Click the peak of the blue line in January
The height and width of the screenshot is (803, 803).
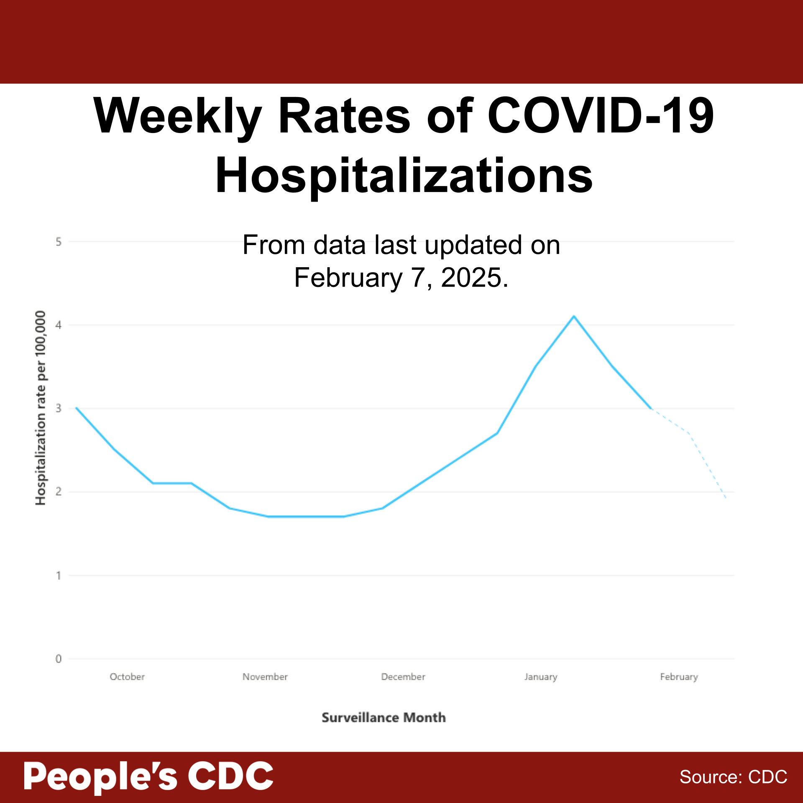574,316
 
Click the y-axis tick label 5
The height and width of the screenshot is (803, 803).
59,242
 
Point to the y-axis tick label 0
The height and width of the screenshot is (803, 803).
59,659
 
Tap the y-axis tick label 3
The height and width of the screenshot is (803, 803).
59,408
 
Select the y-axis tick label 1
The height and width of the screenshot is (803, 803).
59,576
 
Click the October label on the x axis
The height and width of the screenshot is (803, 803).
127,677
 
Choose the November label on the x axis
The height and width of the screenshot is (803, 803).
265,677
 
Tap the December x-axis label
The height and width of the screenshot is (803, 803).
403,677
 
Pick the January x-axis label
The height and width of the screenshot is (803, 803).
541,677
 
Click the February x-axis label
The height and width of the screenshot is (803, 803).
679,677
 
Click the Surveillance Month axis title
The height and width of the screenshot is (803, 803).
384,718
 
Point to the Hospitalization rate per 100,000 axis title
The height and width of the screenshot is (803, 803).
40,408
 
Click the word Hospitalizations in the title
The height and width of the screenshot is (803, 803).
404,176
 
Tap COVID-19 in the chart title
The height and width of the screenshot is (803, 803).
601,115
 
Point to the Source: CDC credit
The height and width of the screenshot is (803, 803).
733,777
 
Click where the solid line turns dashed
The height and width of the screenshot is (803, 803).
651,409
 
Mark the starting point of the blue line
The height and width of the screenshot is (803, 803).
77,408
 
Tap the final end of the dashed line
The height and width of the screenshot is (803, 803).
726,498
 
